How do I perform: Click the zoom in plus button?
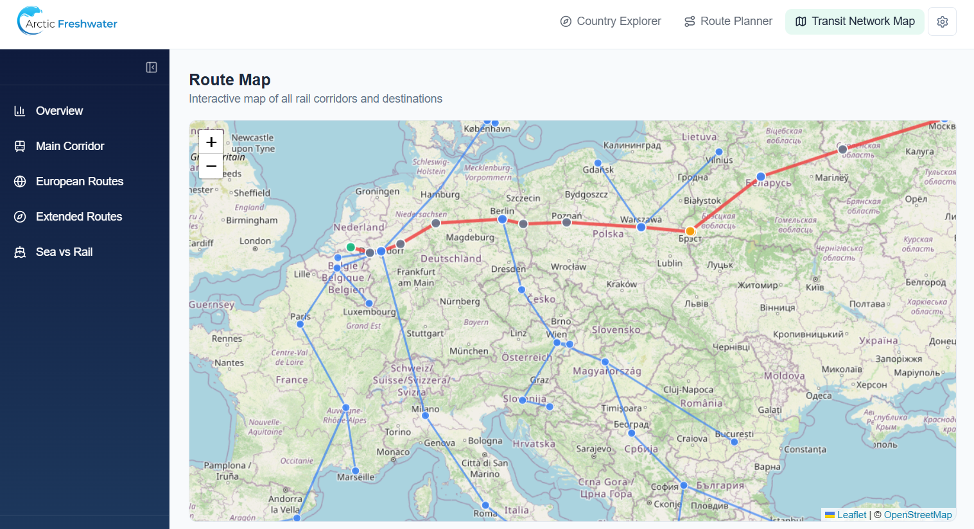pos(211,142)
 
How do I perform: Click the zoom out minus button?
pos(211,166)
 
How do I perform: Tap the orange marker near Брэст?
pos(690,231)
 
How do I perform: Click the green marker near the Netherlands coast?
pos(351,247)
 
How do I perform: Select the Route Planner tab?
pos(728,21)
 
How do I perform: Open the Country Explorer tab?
pos(611,21)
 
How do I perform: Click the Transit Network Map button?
pos(855,21)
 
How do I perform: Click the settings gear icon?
pos(942,22)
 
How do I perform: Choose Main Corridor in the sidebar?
pos(70,146)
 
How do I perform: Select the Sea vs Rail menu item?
pos(64,252)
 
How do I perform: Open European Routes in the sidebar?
pos(80,181)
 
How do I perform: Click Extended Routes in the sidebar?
pos(79,217)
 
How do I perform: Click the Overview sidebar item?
pos(59,111)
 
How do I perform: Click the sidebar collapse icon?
pos(152,67)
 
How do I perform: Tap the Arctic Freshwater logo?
pos(67,21)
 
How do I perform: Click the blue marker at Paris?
pos(300,324)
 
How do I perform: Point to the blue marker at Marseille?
pos(355,471)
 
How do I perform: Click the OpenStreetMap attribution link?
pos(917,515)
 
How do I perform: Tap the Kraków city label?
pos(622,284)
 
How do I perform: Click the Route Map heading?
pos(230,80)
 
